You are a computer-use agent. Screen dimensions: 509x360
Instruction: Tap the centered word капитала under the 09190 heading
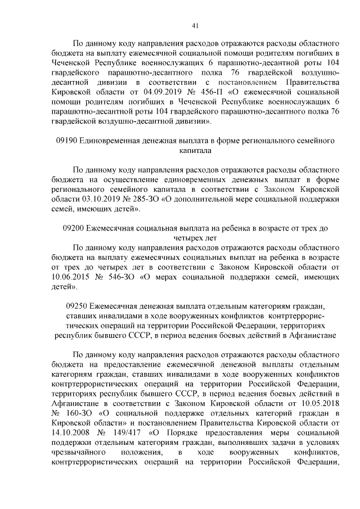click(195, 150)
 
